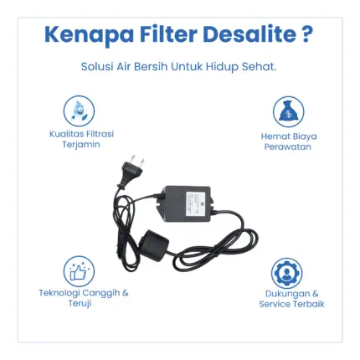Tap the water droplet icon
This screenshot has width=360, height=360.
pos(79,111)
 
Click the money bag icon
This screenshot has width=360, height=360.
pos(288,112)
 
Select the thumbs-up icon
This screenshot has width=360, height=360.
pos(79,271)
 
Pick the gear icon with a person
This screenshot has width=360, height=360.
pos(286,273)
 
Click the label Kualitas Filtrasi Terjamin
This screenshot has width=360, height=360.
pos(81,139)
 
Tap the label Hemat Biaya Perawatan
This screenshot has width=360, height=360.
pos(289,141)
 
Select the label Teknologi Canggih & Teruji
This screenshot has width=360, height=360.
pos(84,298)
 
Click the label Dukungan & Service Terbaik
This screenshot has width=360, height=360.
pos(291,299)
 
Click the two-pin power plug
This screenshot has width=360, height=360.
pos(131,170)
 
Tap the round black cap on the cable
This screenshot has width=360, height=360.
pos(154,240)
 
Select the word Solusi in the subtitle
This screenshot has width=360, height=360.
pos(97,67)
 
